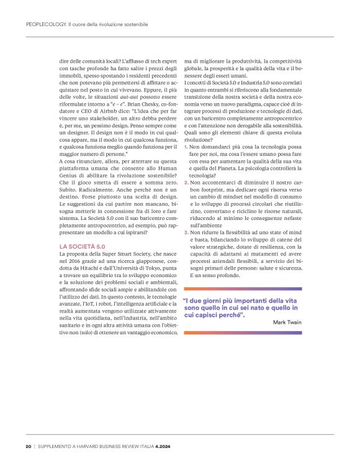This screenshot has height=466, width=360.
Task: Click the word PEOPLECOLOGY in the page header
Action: click(x=45, y=23)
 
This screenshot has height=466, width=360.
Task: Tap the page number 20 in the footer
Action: click(x=28, y=446)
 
